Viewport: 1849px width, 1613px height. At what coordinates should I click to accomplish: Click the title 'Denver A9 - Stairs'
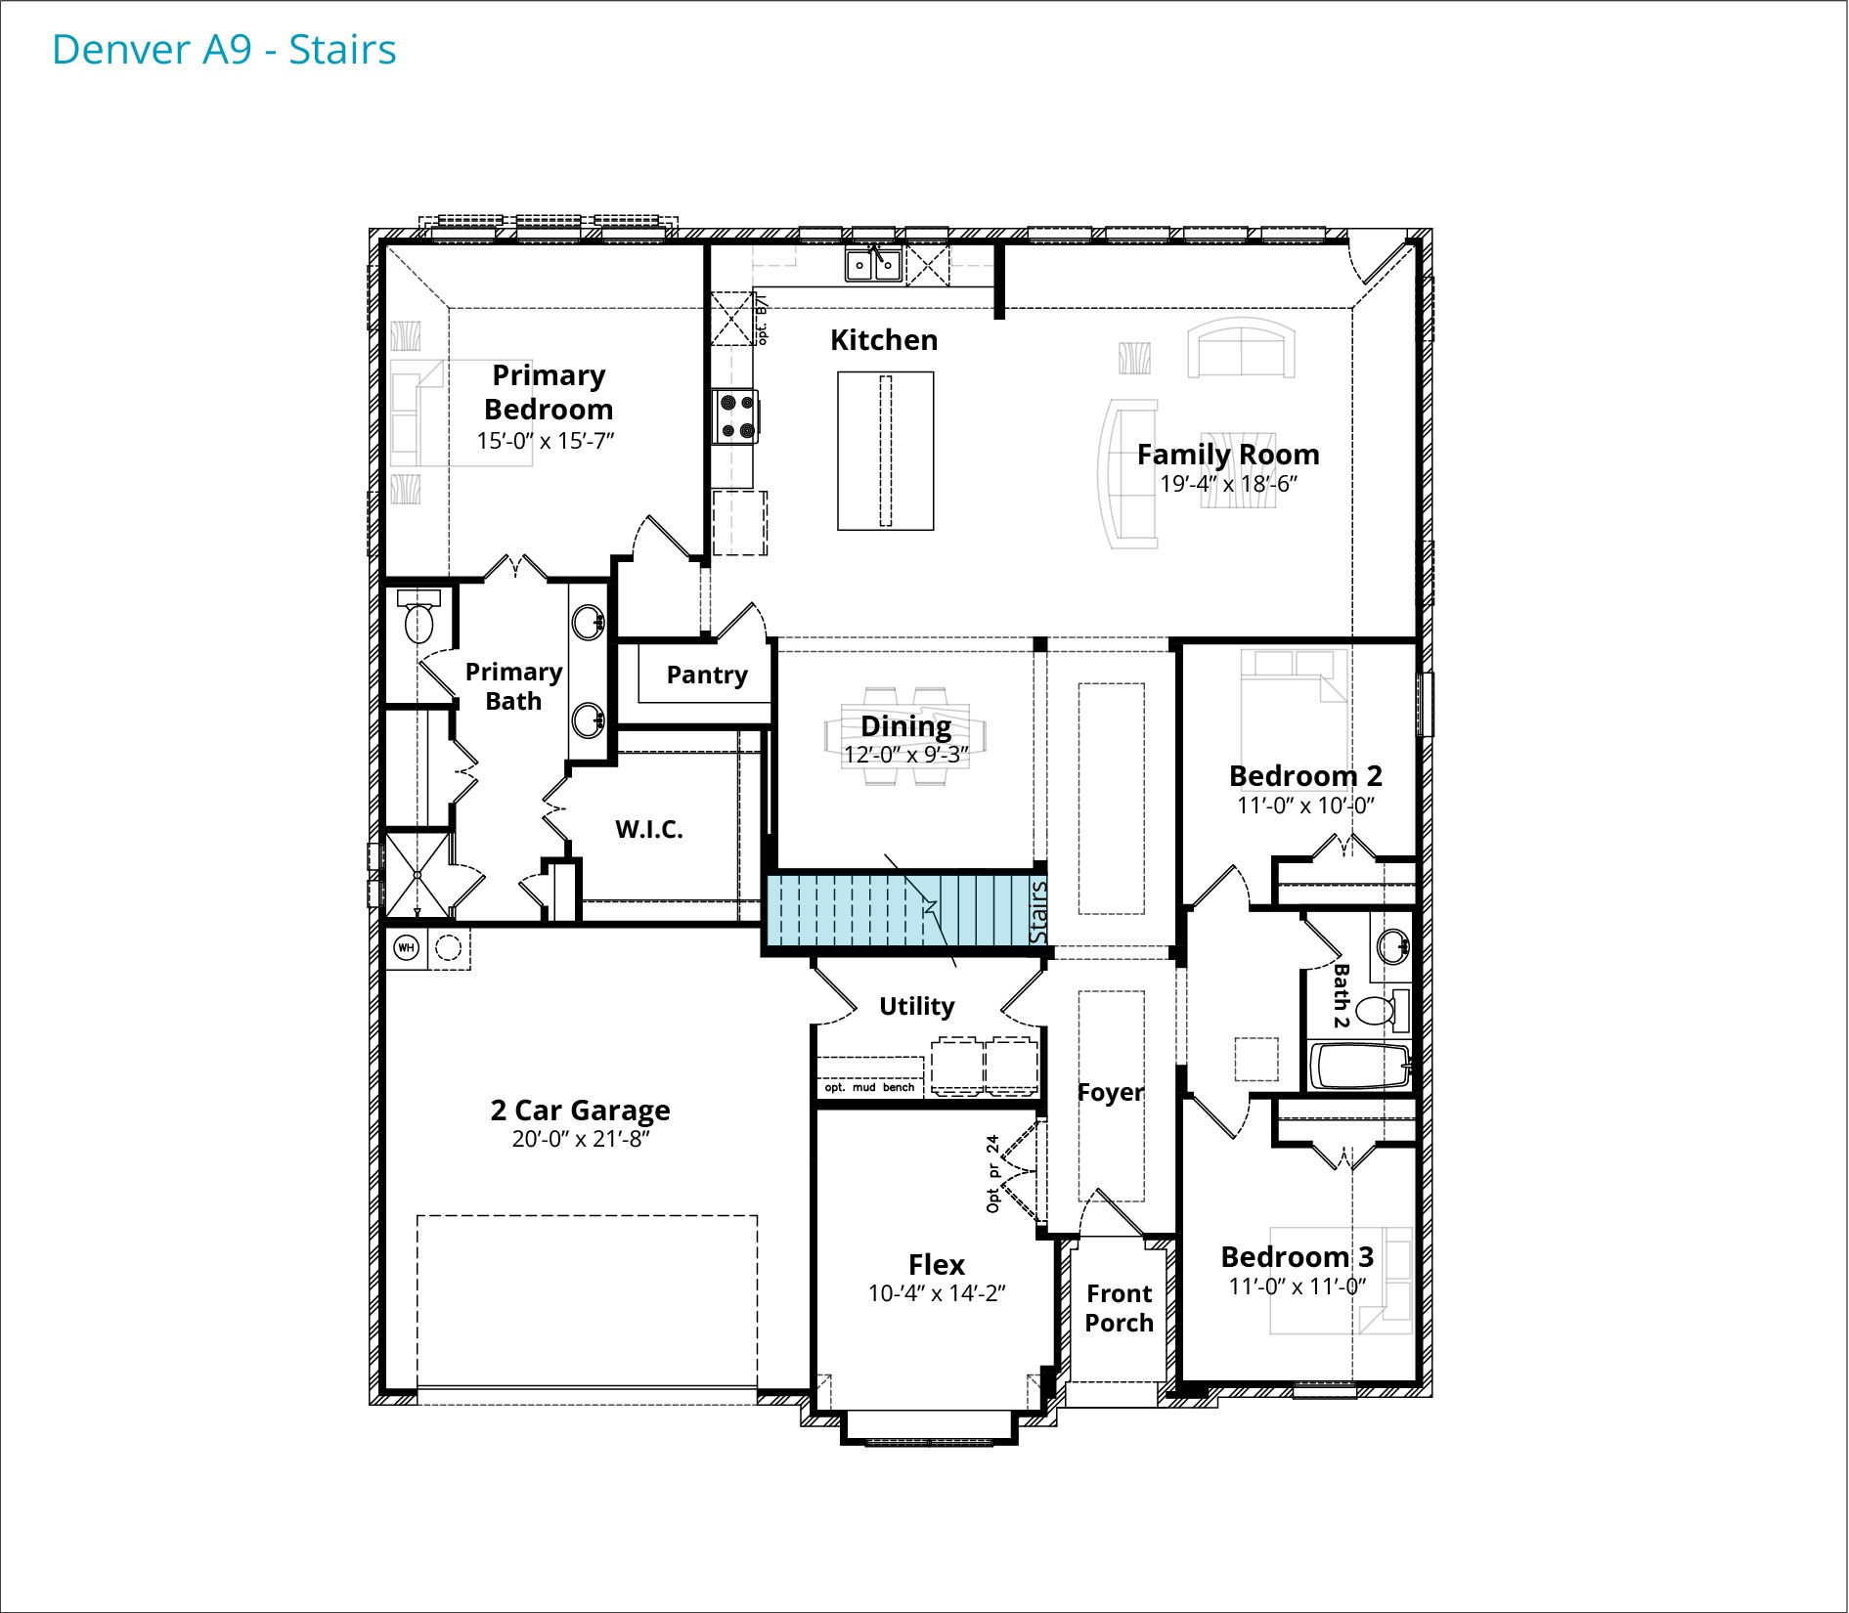pyautogui.click(x=224, y=50)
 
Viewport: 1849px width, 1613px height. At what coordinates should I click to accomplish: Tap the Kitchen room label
pyautogui.click(x=884, y=340)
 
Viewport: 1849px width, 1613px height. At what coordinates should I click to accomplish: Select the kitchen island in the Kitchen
pyautogui.click(x=886, y=451)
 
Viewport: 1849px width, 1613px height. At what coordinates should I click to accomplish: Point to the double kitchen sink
pyautogui.click(x=874, y=264)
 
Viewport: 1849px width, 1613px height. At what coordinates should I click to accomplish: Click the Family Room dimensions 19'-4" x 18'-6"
pyautogui.click(x=1228, y=484)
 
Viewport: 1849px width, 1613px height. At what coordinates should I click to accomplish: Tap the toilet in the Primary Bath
pyautogui.click(x=419, y=617)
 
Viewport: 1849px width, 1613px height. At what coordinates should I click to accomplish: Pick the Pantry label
pyautogui.click(x=707, y=676)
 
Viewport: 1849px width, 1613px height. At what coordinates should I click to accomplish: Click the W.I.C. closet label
pyautogui.click(x=649, y=830)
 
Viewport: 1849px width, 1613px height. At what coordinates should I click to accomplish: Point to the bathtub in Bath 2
pyautogui.click(x=1360, y=1067)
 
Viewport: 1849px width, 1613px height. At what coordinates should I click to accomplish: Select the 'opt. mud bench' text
pyautogui.click(x=869, y=1087)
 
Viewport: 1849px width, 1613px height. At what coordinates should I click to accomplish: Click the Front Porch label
pyautogui.click(x=1120, y=1308)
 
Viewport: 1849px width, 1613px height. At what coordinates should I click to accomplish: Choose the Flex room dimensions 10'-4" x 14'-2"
pyautogui.click(x=937, y=1293)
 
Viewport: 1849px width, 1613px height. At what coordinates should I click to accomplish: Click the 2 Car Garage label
pyautogui.click(x=580, y=1111)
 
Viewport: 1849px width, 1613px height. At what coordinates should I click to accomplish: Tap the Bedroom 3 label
pyautogui.click(x=1298, y=1257)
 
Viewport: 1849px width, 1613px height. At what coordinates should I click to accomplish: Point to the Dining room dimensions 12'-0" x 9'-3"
pyautogui.click(x=906, y=755)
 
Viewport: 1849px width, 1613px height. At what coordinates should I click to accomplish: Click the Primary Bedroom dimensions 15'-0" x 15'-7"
pyautogui.click(x=546, y=441)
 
